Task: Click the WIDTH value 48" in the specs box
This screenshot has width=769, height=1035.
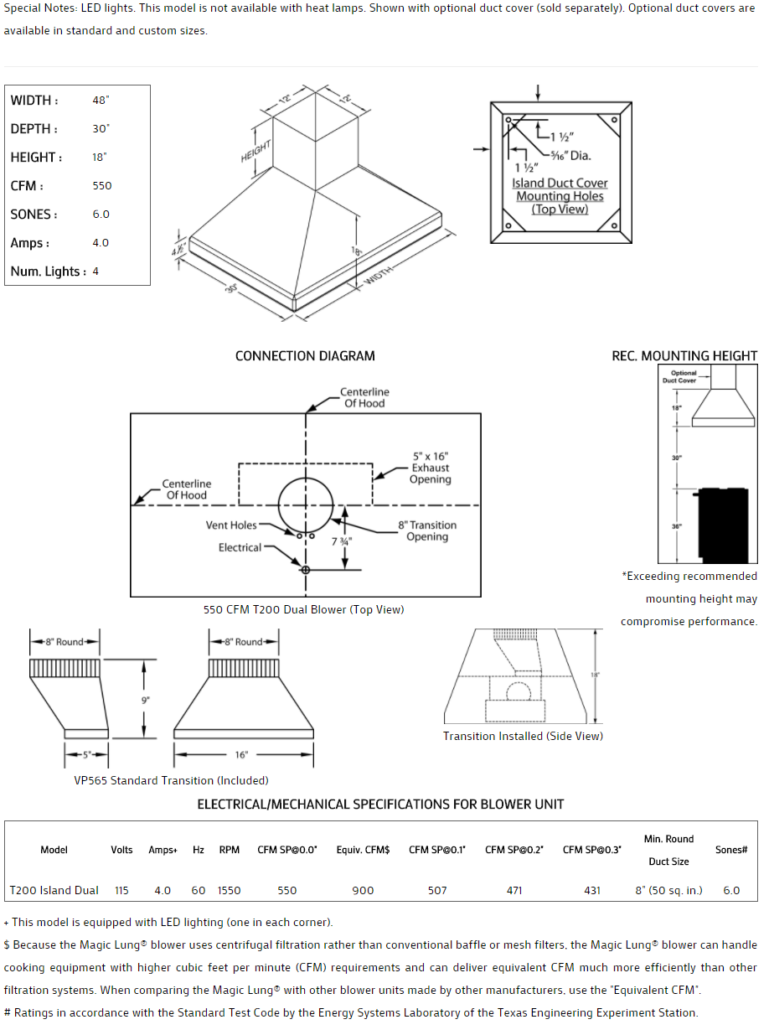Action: click(x=101, y=101)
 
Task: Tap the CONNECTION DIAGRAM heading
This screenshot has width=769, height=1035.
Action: click(x=305, y=356)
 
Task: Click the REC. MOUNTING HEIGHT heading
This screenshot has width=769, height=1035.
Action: click(x=684, y=356)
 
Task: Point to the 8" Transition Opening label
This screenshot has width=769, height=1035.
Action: click(x=427, y=531)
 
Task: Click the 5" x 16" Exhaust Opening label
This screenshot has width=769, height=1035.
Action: click(x=430, y=468)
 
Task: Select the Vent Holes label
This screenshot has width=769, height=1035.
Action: click(x=231, y=525)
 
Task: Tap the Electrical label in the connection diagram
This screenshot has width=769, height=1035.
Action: click(x=240, y=548)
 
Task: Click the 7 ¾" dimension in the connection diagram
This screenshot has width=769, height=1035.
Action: click(x=341, y=541)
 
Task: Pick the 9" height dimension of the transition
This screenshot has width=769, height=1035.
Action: click(x=145, y=699)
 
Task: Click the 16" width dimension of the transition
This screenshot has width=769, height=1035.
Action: click(x=241, y=755)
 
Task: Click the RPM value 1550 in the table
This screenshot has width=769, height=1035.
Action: click(x=230, y=890)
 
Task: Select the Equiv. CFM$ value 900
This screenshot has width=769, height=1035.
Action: click(x=363, y=890)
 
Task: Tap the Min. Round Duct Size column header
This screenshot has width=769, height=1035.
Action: click(x=668, y=850)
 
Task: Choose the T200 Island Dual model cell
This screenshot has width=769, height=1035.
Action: click(x=54, y=890)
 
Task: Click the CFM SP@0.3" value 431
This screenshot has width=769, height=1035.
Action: click(x=592, y=890)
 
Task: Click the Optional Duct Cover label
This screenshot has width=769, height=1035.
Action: click(x=684, y=377)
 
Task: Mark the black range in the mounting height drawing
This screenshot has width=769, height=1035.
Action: click(x=725, y=524)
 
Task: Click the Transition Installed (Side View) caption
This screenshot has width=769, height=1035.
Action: click(x=523, y=737)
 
